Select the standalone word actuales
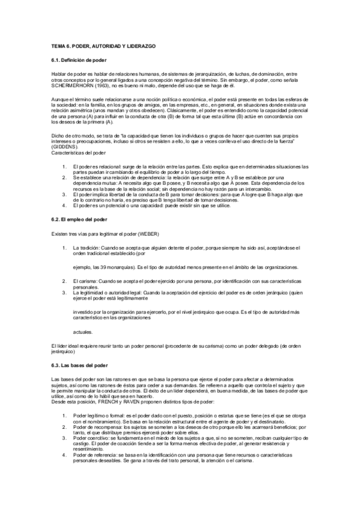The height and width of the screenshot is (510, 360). pos(83,331)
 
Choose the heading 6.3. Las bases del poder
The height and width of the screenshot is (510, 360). pos(79,364)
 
